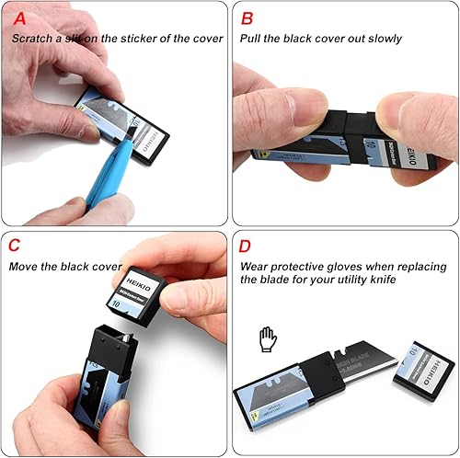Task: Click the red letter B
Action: pos(247,17)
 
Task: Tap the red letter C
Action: pos(16,246)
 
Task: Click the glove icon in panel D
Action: pos(268,338)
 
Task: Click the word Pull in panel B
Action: pos(251,39)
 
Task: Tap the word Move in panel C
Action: pos(27,267)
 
